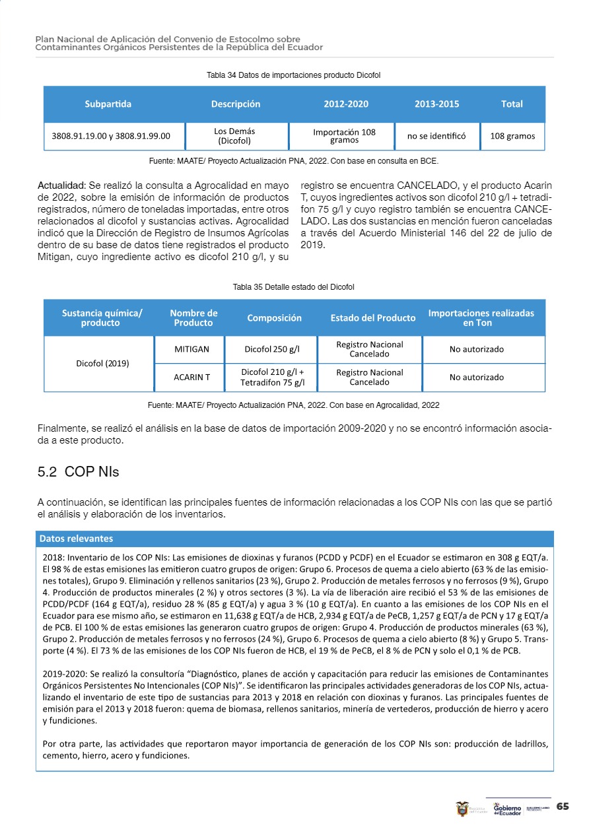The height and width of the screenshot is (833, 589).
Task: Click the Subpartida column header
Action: coord(108,104)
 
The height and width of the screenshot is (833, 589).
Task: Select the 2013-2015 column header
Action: coord(436,104)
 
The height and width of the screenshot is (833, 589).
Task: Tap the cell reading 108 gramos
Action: coord(512,137)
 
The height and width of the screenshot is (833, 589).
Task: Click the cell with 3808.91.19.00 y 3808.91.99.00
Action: coord(111,137)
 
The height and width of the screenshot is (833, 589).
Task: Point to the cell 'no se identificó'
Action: coord(436,137)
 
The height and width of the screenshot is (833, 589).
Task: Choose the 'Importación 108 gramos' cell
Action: coord(344,137)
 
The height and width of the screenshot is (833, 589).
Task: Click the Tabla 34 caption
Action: coord(294,75)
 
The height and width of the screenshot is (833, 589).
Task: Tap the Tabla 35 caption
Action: coord(294,287)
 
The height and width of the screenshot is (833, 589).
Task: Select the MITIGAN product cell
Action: coord(191,349)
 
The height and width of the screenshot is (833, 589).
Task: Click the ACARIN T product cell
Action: coord(191,377)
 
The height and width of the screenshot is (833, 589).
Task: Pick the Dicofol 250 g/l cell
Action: coord(271,349)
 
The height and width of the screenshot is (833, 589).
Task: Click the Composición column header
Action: coord(274,318)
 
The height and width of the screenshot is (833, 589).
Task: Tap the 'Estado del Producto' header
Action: coord(373,318)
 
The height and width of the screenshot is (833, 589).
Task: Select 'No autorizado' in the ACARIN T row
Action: coord(476,377)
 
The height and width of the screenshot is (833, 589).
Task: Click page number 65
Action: coord(563,807)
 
